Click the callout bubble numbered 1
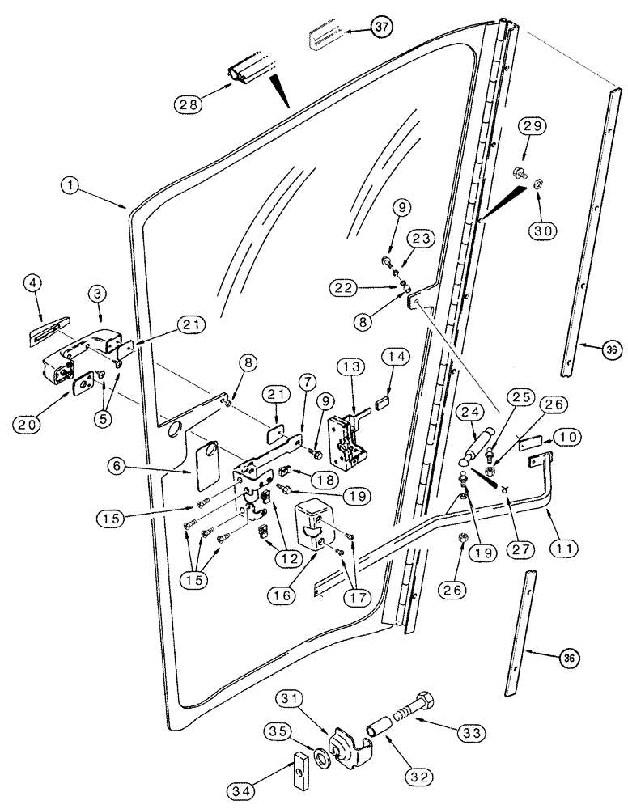[x=74, y=185]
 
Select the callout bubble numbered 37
[x=380, y=28]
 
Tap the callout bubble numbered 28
[x=186, y=103]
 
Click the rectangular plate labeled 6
[x=206, y=464]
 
